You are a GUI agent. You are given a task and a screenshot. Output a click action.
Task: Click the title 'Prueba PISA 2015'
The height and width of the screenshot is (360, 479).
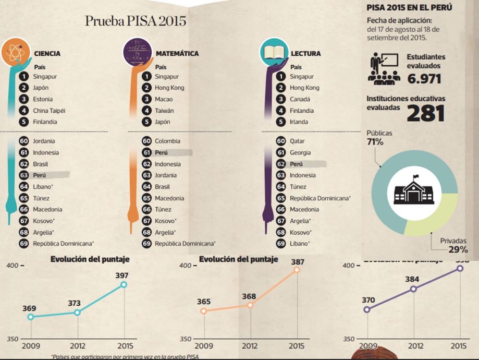click(136, 21)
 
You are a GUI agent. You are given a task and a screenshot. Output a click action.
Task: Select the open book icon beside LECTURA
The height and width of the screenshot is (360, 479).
click(274, 53)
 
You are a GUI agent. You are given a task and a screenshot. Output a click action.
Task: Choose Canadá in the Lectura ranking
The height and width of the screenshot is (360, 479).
click(300, 99)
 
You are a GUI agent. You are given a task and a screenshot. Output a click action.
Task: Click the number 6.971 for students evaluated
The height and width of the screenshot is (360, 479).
click(424, 79)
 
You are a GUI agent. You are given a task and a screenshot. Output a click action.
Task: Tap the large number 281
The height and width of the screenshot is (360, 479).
click(425, 113)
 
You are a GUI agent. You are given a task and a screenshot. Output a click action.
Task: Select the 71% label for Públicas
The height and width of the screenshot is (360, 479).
click(375, 142)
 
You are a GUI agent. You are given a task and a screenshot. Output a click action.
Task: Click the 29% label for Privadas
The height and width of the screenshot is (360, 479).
click(458, 250)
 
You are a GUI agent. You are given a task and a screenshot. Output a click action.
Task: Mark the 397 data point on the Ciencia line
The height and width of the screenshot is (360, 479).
click(124, 284)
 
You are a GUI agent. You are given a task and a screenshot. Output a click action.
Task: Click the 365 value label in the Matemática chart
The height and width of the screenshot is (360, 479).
click(204, 302)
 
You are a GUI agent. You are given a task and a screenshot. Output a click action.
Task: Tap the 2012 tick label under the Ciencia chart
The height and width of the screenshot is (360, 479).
click(77, 345)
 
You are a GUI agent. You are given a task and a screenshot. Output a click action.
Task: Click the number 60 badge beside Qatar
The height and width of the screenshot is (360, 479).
click(280, 141)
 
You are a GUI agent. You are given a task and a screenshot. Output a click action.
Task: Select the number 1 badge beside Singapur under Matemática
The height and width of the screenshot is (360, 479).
click(146, 77)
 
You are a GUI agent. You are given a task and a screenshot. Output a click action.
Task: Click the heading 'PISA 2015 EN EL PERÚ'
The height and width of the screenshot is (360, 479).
click(409, 8)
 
